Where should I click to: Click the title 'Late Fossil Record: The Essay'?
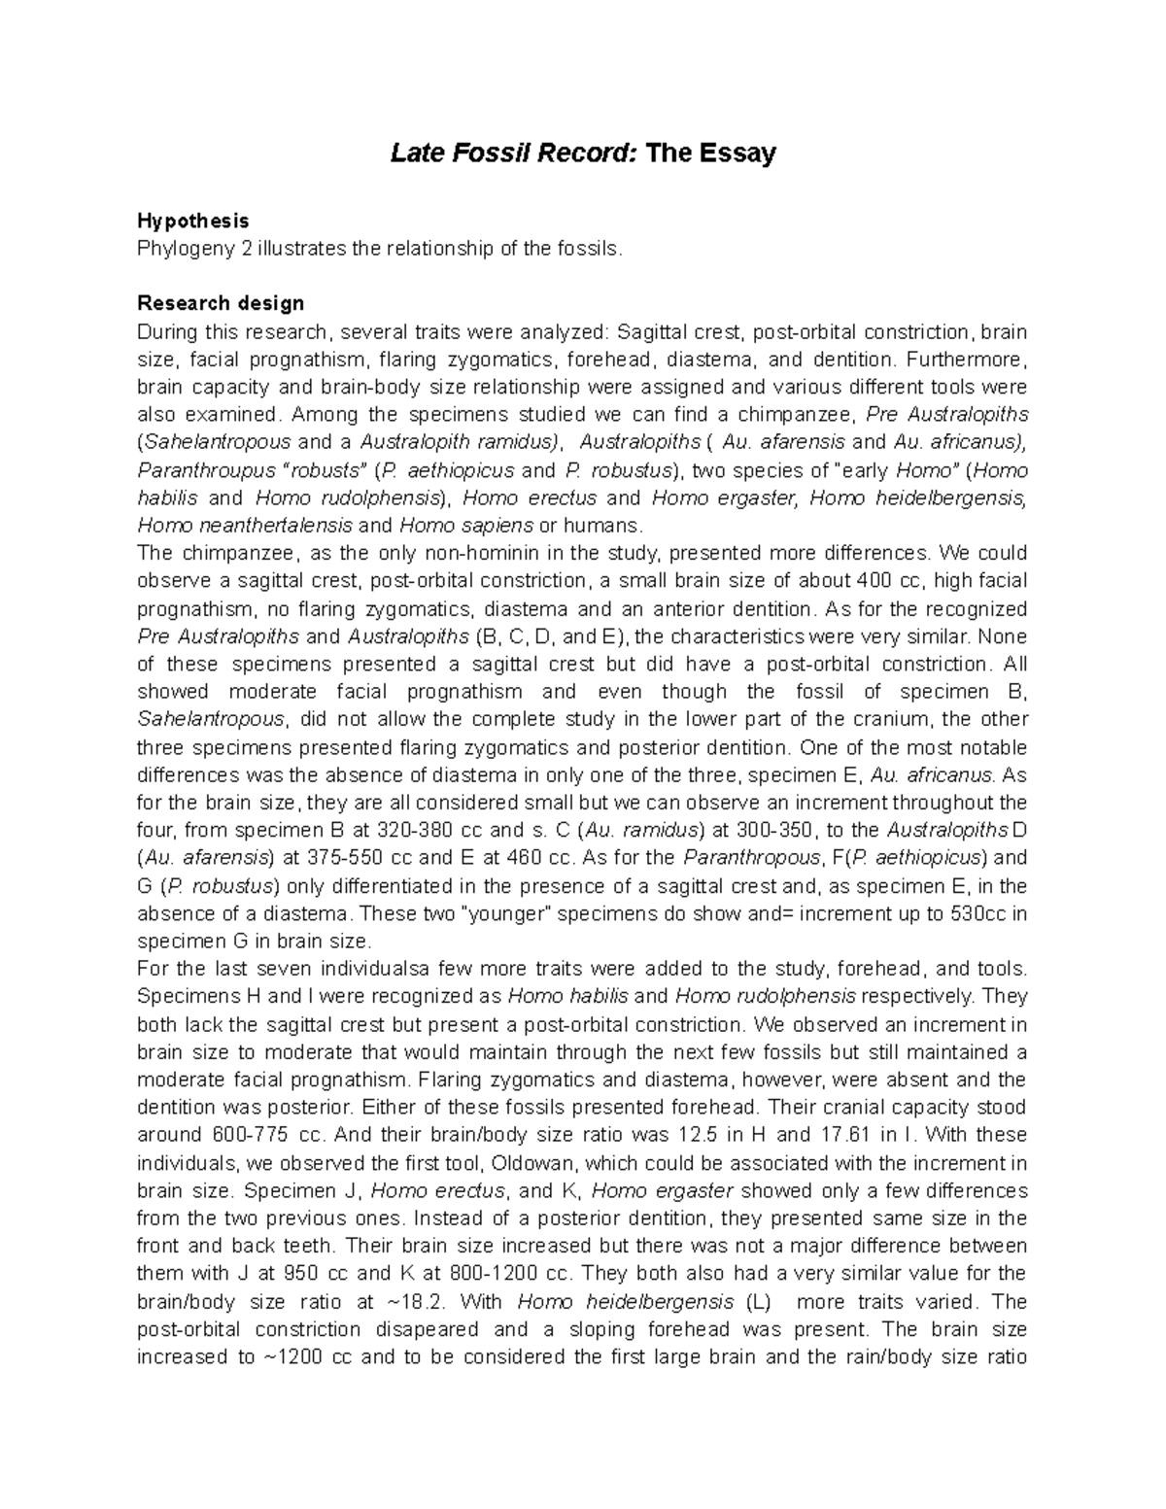tap(583, 154)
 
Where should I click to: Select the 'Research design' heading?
tap(222, 304)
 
